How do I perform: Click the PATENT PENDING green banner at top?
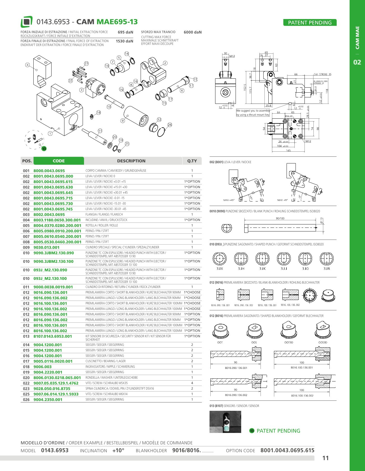click(310, 23)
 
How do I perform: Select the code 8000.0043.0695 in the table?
click(49, 171)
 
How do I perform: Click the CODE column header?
click(59, 161)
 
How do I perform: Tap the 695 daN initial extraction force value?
click(125, 32)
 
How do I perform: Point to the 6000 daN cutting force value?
click(193, 32)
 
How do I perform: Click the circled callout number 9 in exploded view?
click(123, 121)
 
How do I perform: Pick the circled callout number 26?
click(170, 125)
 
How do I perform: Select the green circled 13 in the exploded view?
click(44, 149)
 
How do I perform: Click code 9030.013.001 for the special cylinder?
click(47, 247)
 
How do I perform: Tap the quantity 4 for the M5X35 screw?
click(192, 383)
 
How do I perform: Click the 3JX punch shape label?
click(220, 269)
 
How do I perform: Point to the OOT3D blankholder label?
click(289, 343)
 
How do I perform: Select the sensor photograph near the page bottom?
click(225, 422)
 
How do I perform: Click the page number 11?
click(325, 458)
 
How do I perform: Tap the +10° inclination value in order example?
click(118, 451)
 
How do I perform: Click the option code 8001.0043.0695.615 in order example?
click(287, 450)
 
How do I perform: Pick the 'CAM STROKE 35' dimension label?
click(322, 74)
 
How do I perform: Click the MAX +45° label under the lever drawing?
click(229, 200)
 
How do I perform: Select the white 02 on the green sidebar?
click(357, 62)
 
